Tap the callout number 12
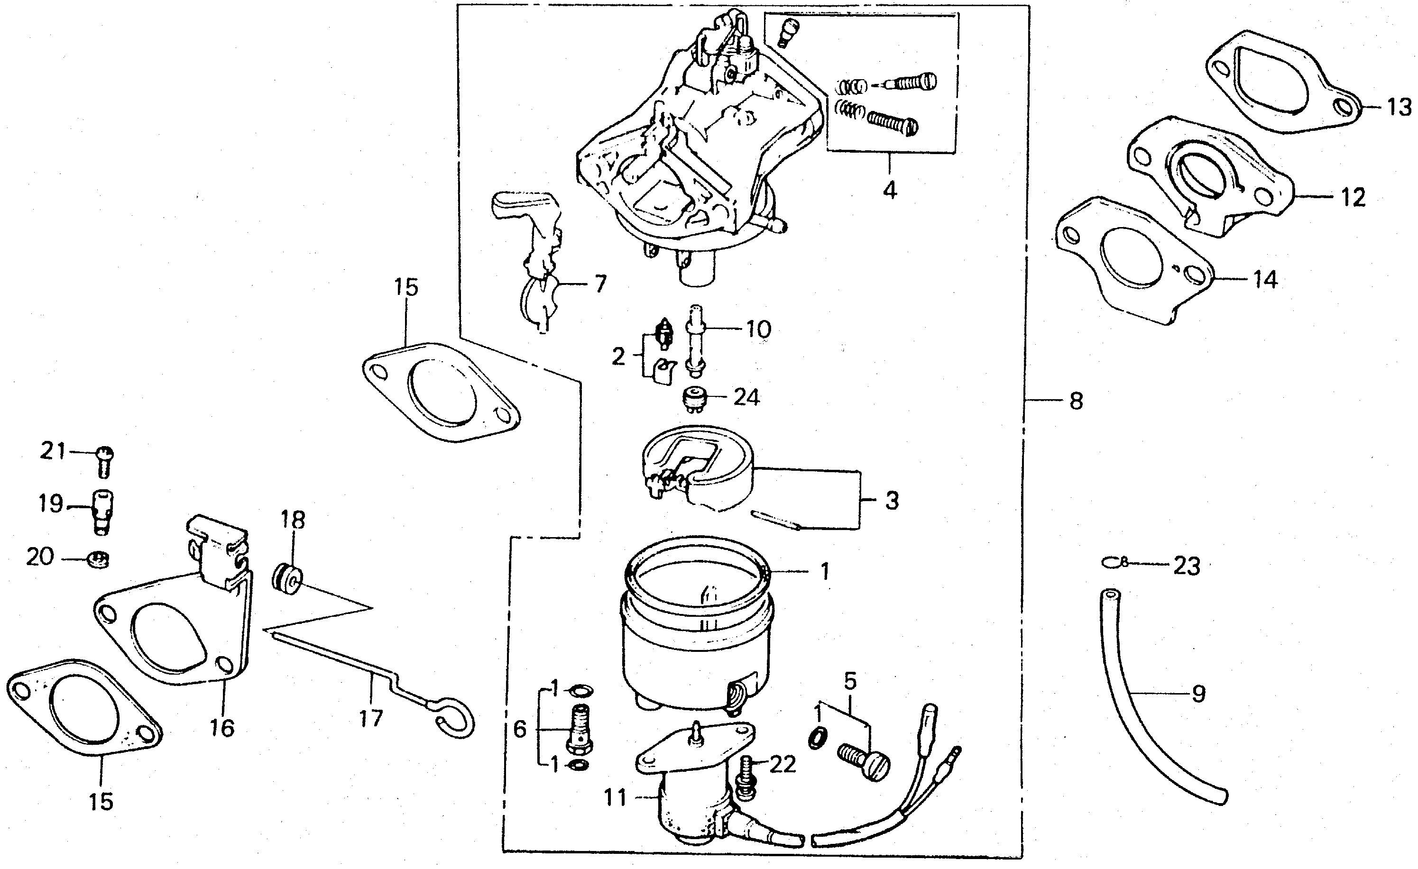[x=1352, y=197]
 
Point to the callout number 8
[x=1076, y=401]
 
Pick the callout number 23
[x=1187, y=566]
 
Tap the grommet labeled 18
[x=288, y=578]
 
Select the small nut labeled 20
[x=100, y=559]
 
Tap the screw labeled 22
[x=745, y=778]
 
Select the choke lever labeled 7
[x=532, y=259]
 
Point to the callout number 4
[x=890, y=189]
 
